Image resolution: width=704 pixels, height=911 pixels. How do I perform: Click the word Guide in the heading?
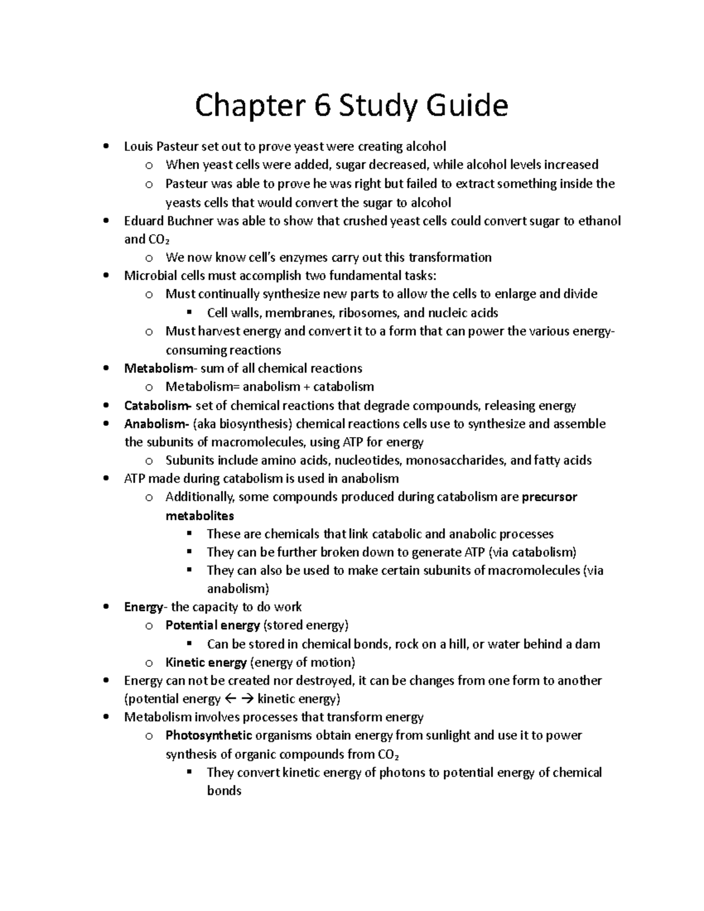coord(467,106)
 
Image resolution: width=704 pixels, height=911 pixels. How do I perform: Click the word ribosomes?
coord(370,313)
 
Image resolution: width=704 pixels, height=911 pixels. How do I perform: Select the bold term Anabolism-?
coord(155,424)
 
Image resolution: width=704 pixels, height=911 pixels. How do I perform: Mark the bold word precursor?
coord(549,497)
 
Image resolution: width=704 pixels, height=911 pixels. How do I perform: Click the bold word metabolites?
coord(199,516)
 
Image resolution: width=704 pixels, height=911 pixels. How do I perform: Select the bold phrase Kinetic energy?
coord(206,663)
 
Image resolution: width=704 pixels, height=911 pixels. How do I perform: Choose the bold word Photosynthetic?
coord(209,736)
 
